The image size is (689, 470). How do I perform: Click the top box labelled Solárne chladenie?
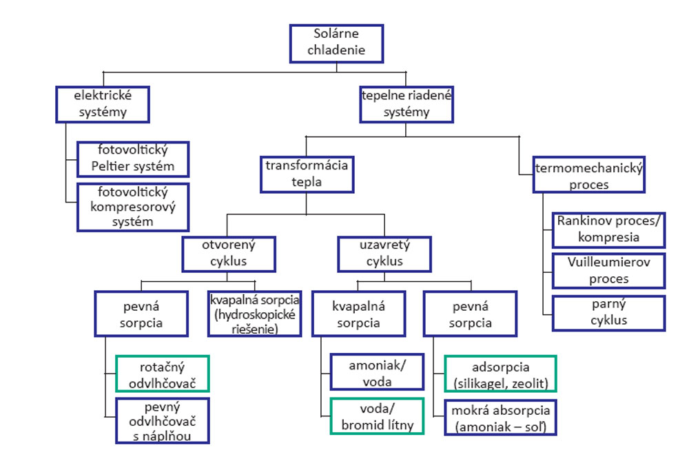pyautogui.click(x=337, y=43)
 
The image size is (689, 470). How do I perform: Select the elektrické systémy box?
pyautogui.click(x=103, y=104)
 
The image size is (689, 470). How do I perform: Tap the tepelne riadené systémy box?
pyautogui.click(x=407, y=104)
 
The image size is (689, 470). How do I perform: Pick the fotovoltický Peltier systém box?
pyautogui.click(x=133, y=159)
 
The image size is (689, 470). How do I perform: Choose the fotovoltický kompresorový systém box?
pyautogui.click(x=133, y=207)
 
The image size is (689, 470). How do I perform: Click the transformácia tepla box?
pyautogui.click(x=307, y=174)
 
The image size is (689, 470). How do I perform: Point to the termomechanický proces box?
pyautogui.click(x=589, y=174)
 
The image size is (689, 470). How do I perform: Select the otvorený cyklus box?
pyautogui.click(x=229, y=254)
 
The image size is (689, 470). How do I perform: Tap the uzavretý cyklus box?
pyautogui.click(x=384, y=254)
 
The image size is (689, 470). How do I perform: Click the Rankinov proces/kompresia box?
pyautogui.click(x=609, y=230)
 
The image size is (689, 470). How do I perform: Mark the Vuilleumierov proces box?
pyautogui.click(x=609, y=271)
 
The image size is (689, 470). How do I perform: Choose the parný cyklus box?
pyautogui.click(x=609, y=313)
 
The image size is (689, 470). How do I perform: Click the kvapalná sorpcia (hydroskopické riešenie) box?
pyautogui.click(x=255, y=314)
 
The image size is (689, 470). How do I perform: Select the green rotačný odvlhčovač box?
pyautogui.click(x=163, y=374)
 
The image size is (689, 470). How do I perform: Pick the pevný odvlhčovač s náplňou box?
pyautogui.click(x=163, y=421)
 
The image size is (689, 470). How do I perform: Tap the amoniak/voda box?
pyautogui.click(x=377, y=372)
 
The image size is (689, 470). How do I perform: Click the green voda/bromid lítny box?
pyautogui.click(x=377, y=416)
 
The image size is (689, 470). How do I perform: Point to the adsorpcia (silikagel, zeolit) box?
pyautogui.click(x=500, y=374)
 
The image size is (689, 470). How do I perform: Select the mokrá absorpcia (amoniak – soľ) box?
pyautogui.click(x=500, y=418)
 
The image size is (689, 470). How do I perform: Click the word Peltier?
pyautogui.click(x=109, y=166)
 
